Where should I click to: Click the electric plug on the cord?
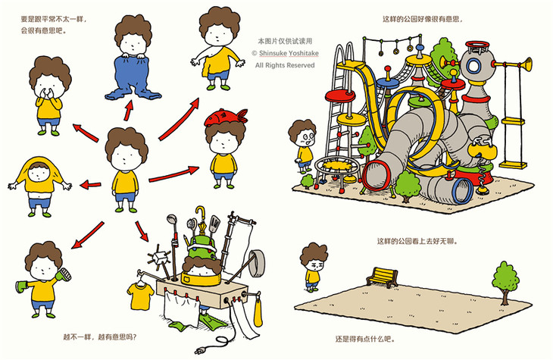point(200,350)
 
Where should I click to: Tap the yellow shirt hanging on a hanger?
point(140,296)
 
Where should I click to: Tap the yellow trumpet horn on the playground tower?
point(513,64)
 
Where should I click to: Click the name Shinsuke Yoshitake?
point(289,53)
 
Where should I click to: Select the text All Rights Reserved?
point(285,65)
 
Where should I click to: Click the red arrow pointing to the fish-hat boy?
point(174,174)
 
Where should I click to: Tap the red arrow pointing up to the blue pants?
point(129,111)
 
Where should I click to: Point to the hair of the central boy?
point(127,143)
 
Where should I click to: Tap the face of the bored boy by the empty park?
point(314,265)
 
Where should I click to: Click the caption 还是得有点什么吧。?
point(365,340)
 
